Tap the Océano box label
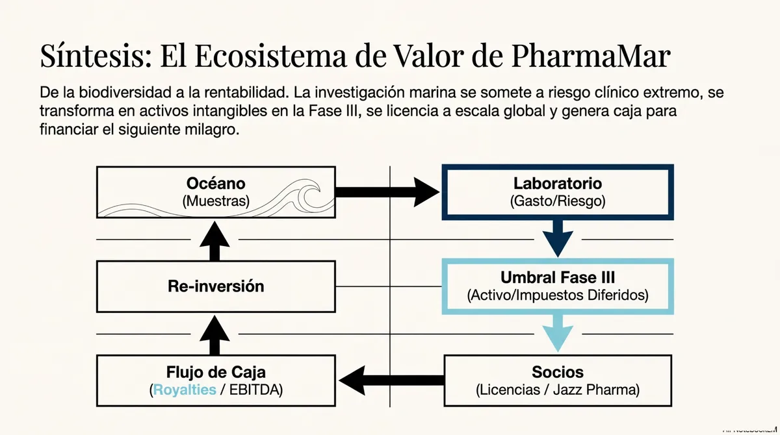click(x=216, y=184)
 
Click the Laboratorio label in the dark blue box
click(x=557, y=184)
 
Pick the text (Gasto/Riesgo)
click(x=557, y=201)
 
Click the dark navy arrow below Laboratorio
click(x=557, y=238)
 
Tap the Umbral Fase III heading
click(x=557, y=277)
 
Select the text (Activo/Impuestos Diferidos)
click(x=557, y=295)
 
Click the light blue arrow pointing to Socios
click(x=557, y=332)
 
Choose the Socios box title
click(x=557, y=372)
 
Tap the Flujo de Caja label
click(x=216, y=372)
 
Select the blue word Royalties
click(x=184, y=390)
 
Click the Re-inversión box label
click(x=216, y=286)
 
